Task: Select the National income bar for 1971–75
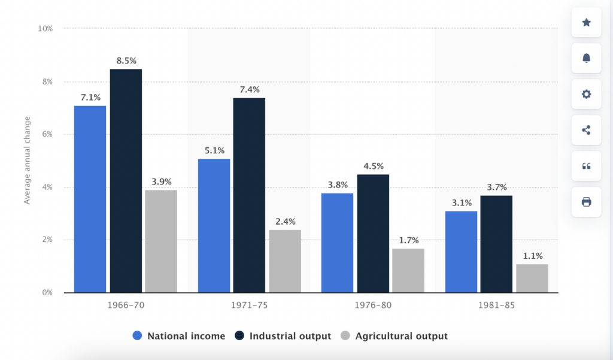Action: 214,225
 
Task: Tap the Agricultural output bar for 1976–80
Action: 408,270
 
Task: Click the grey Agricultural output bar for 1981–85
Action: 532,278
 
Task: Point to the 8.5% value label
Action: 126,60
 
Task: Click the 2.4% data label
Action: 285,221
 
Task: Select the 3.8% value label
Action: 338,184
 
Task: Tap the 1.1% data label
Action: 532,255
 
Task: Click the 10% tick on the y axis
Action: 45,29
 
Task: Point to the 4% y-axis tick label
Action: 47,187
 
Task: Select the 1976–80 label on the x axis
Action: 373,305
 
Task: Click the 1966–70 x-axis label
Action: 126,305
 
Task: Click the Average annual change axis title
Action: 27,161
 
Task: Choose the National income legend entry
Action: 179,336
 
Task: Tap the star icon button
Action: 587,23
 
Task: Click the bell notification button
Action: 587,58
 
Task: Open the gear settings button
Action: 587,94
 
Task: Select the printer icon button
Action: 587,202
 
